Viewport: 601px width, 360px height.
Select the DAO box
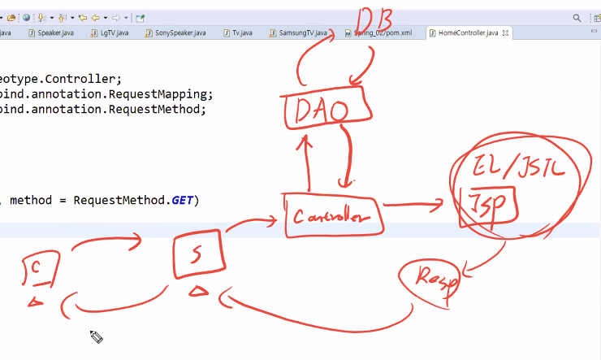(317, 111)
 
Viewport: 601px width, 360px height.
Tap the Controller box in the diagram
(331, 216)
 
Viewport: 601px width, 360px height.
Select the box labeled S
(197, 254)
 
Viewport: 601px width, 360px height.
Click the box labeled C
(39, 269)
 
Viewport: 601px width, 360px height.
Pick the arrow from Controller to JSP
(413, 205)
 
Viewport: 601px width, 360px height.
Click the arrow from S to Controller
(252, 221)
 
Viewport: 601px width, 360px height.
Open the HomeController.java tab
(467, 33)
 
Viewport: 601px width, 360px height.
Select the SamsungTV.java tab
(301, 33)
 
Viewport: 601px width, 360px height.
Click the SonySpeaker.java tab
(179, 33)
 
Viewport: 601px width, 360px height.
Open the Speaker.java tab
(55, 33)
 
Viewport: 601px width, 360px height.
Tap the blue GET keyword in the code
(182, 200)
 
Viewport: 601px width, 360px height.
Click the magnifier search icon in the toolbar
(577, 16)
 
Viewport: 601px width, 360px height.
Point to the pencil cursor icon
(95, 336)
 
